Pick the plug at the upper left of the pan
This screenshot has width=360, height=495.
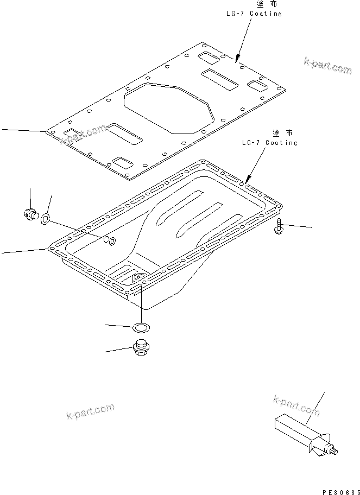click(x=31, y=214)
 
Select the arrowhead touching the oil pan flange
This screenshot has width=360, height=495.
click(x=248, y=180)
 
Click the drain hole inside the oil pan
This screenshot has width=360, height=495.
click(x=138, y=278)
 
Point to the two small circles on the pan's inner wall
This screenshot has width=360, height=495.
click(x=110, y=240)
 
